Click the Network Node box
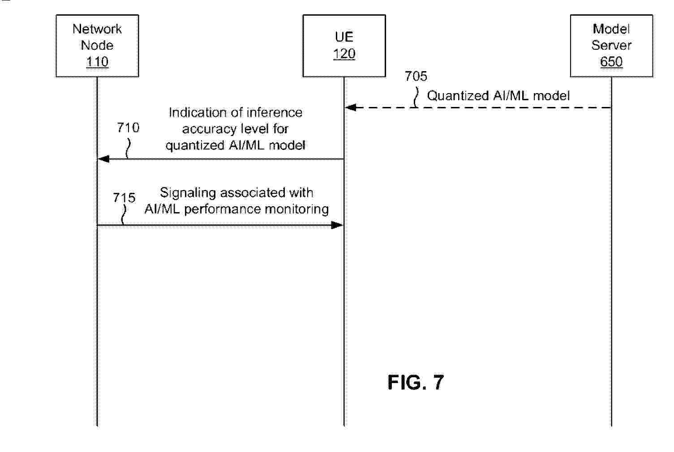[x=97, y=46]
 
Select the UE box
[x=344, y=46]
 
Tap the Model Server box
[x=611, y=46]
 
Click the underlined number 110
[x=97, y=61]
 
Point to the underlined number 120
[x=344, y=54]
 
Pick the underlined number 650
[x=611, y=61]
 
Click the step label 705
[x=416, y=76]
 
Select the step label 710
[x=128, y=128]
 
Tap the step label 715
[x=124, y=197]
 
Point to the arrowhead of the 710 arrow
[x=103, y=159]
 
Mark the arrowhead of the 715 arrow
[x=337, y=225]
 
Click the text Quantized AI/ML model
[x=498, y=96]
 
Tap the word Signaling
[x=188, y=193]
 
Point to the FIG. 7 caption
[x=416, y=382]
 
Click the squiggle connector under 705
[x=416, y=98]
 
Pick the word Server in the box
[x=611, y=45]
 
